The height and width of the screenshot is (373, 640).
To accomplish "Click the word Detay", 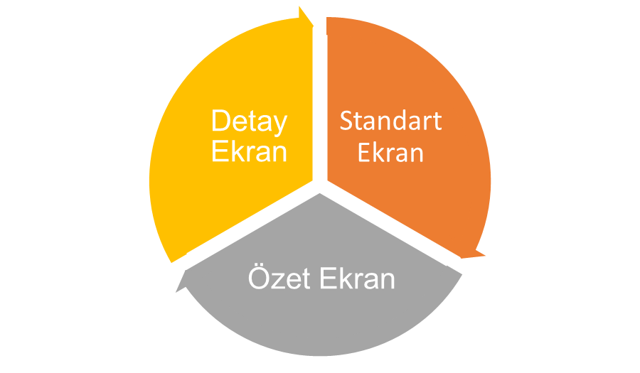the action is (250, 121).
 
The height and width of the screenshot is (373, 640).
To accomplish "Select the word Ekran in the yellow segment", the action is (250, 151).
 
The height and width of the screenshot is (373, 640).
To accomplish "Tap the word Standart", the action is (390, 121).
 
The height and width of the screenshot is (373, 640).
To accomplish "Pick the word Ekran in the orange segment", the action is (390, 153).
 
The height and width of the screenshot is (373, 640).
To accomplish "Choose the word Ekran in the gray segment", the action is (358, 279).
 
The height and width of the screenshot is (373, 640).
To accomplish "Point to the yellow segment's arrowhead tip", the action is (314, 26).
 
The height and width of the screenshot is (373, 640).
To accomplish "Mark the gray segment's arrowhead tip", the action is (176, 292).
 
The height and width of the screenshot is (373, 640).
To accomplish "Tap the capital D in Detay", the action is (221, 120).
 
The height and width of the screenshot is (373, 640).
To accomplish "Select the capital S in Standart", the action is (346, 121).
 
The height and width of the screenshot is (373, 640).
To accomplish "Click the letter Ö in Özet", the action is (259, 277).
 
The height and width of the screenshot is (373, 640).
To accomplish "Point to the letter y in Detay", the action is (280, 124).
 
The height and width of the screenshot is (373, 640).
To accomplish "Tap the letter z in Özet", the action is (278, 281).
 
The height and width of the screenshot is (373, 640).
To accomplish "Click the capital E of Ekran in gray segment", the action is (328, 279).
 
